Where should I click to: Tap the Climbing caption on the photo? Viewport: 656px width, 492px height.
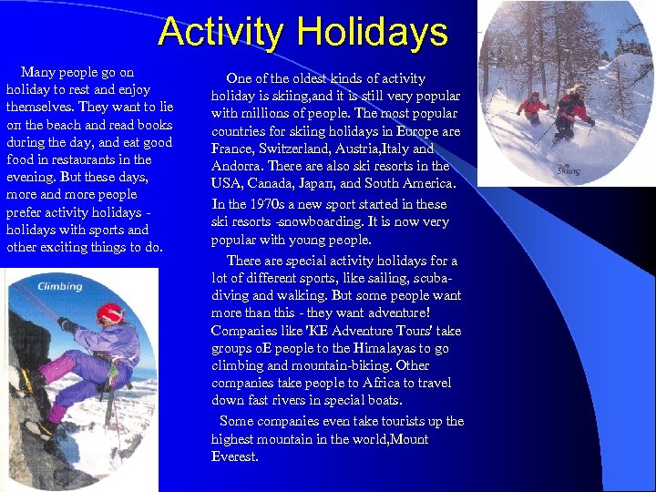[x=59, y=286]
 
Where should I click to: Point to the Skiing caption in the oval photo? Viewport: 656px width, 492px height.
[x=569, y=170]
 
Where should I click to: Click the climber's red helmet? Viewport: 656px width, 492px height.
[x=110, y=313]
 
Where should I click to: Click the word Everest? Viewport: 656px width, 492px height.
[x=234, y=456]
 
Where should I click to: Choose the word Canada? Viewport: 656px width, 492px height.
[x=274, y=184]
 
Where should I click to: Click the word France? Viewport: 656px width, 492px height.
[x=233, y=149]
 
